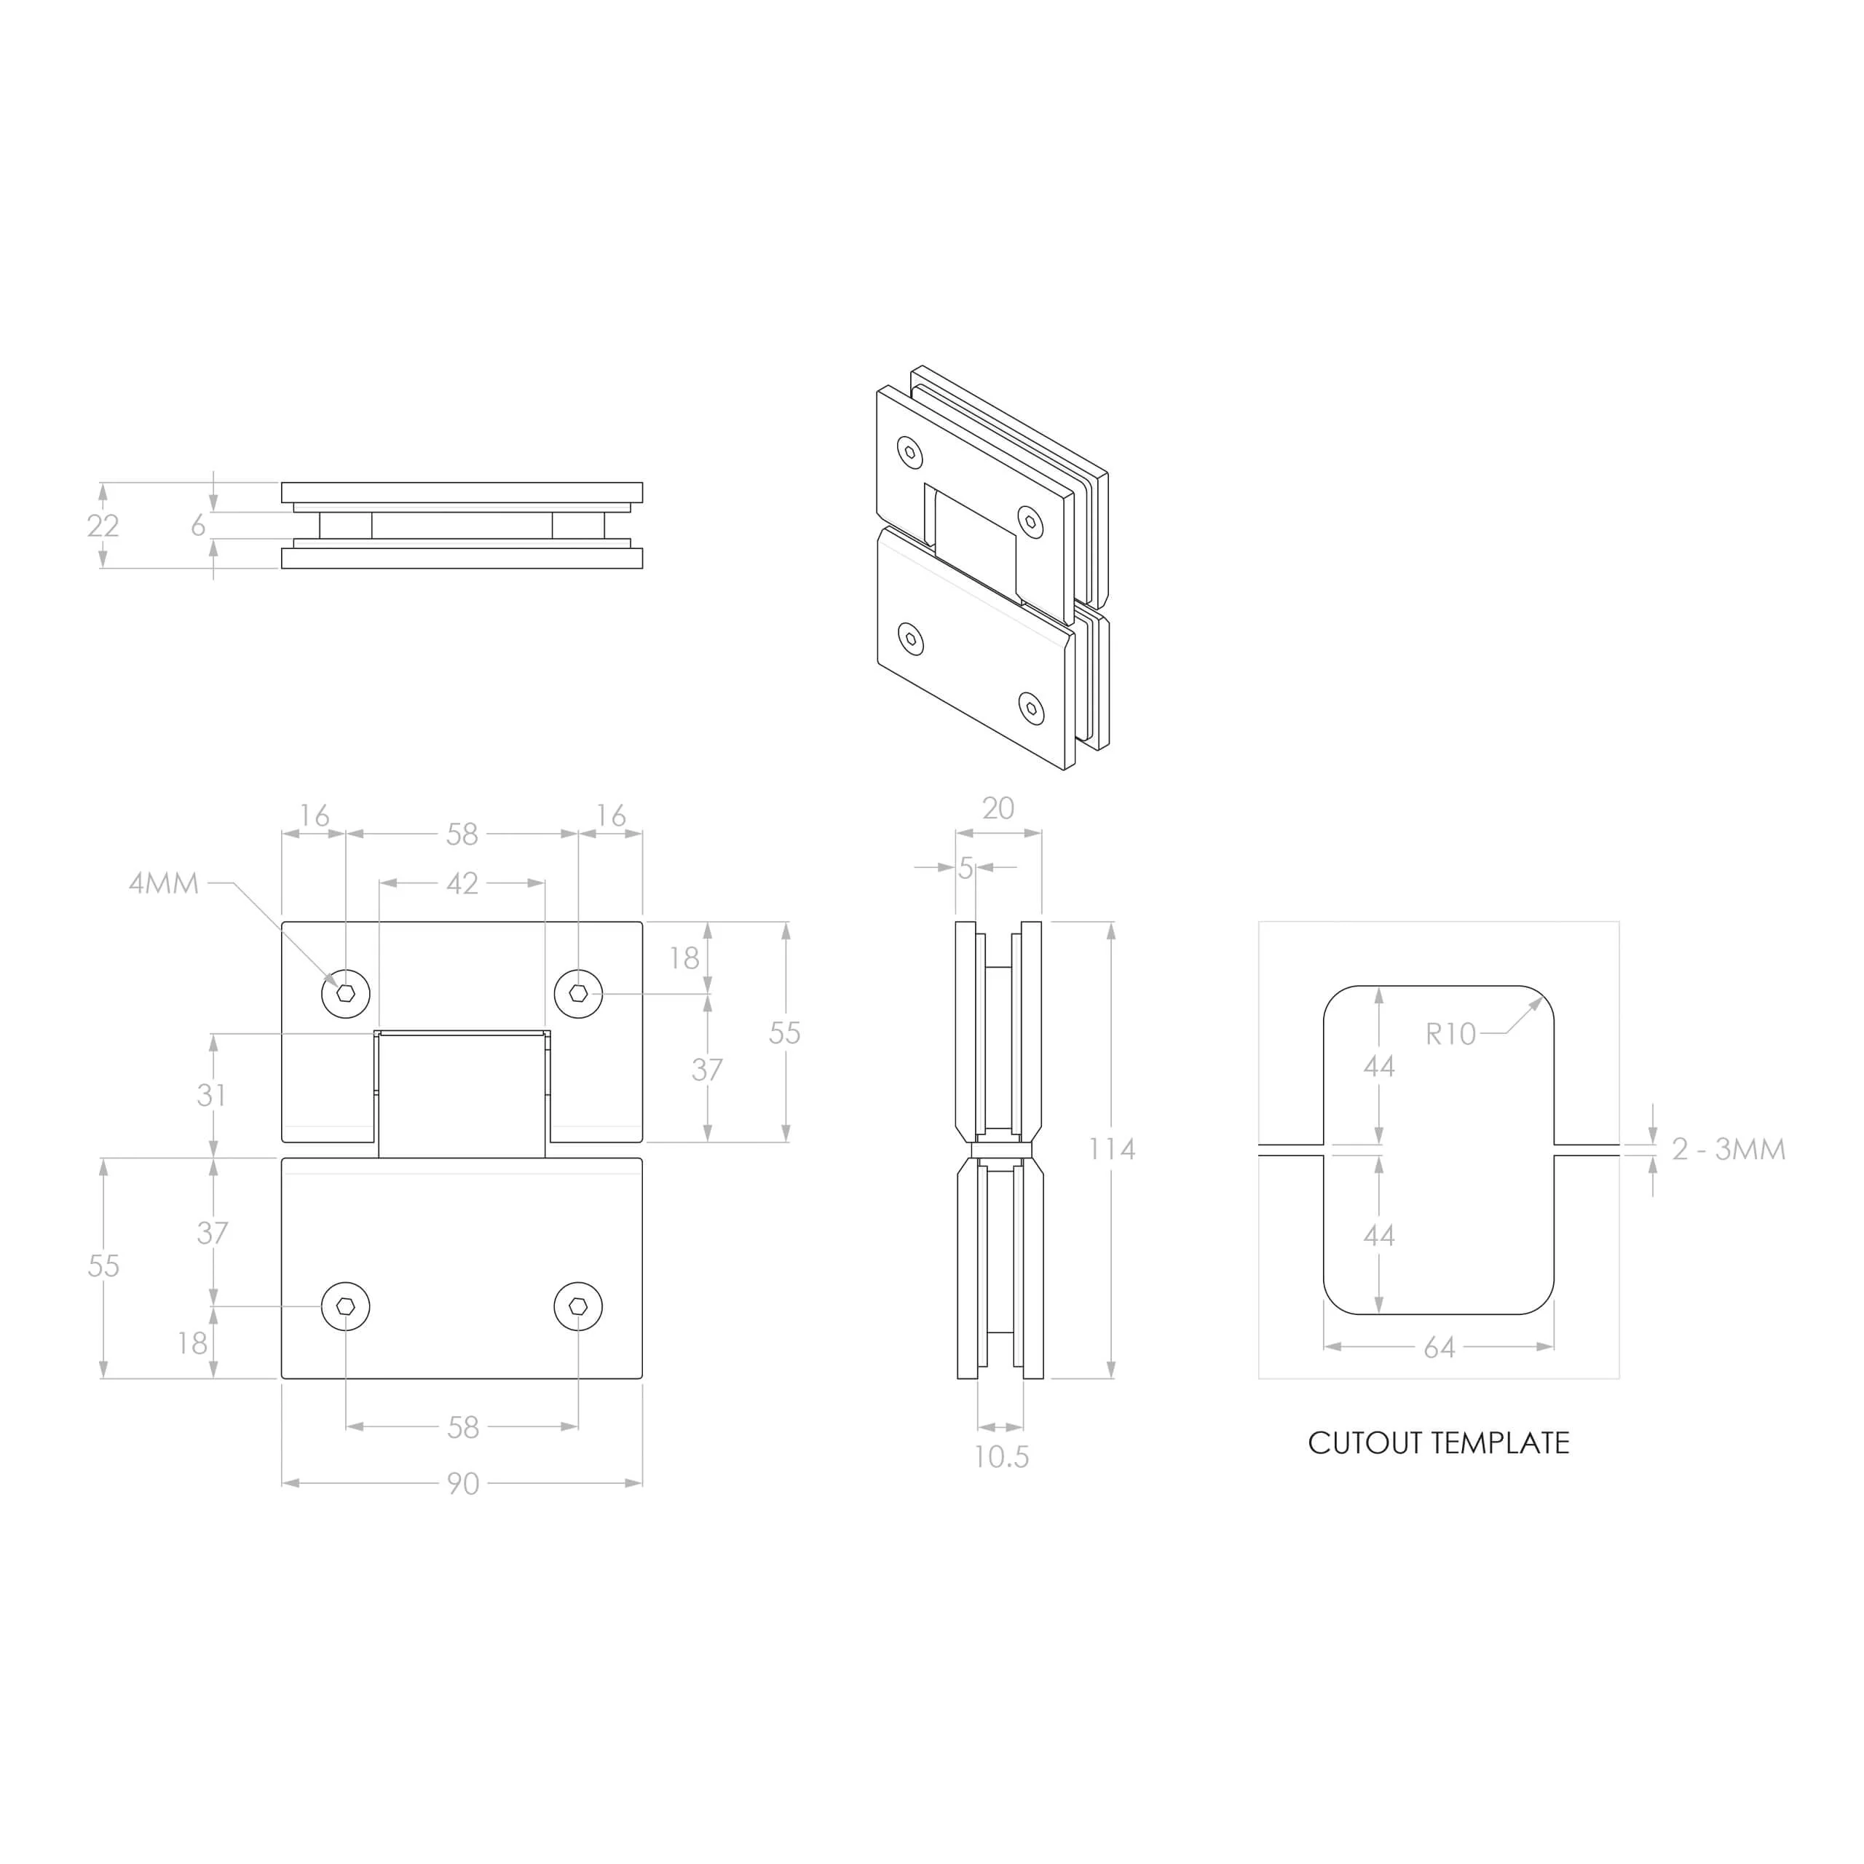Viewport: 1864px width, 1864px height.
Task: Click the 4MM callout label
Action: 164,882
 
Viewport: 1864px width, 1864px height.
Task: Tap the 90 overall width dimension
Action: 463,1483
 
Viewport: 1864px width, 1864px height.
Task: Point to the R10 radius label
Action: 1451,1034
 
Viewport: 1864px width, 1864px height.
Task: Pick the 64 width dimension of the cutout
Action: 1440,1348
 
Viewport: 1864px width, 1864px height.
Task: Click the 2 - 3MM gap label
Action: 1729,1149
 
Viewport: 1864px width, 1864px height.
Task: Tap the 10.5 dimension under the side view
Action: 1001,1457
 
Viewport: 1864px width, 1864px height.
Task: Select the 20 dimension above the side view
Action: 998,808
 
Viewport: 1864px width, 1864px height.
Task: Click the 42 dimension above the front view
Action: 462,882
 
